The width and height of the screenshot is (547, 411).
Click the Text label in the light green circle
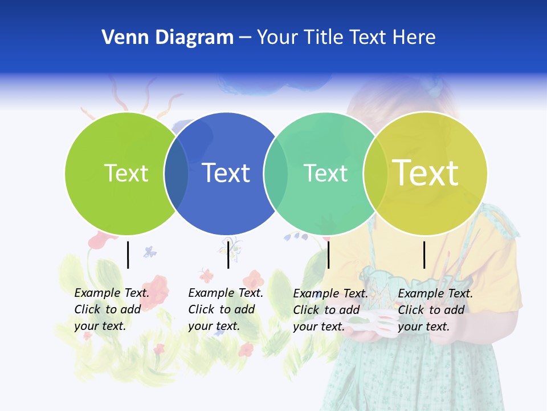(x=126, y=173)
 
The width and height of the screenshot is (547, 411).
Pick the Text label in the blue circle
(x=226, y=173)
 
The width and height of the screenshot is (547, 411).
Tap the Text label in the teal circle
(x=325, y=173)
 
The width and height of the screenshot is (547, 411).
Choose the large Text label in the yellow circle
(x=426, y=172)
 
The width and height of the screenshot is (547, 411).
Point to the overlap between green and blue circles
(x=176, y=174)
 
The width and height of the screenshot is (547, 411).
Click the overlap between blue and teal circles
(x=276, y=174)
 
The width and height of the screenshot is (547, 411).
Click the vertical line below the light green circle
(x=128, y=255)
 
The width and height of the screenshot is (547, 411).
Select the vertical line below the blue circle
(x=228, y=255)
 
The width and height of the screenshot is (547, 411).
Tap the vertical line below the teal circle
(x=328, y=255)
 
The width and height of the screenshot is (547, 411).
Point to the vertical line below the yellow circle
(x=424, y=255)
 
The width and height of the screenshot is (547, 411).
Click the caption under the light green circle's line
(x=112, y=309)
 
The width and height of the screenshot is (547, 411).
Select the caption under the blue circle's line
(x=226, y=309)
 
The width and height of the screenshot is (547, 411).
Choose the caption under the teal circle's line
(x=330, y=310)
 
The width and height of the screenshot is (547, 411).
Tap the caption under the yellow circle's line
(x=435, y=310)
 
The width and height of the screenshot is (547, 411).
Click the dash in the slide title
(x=245, y=38)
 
